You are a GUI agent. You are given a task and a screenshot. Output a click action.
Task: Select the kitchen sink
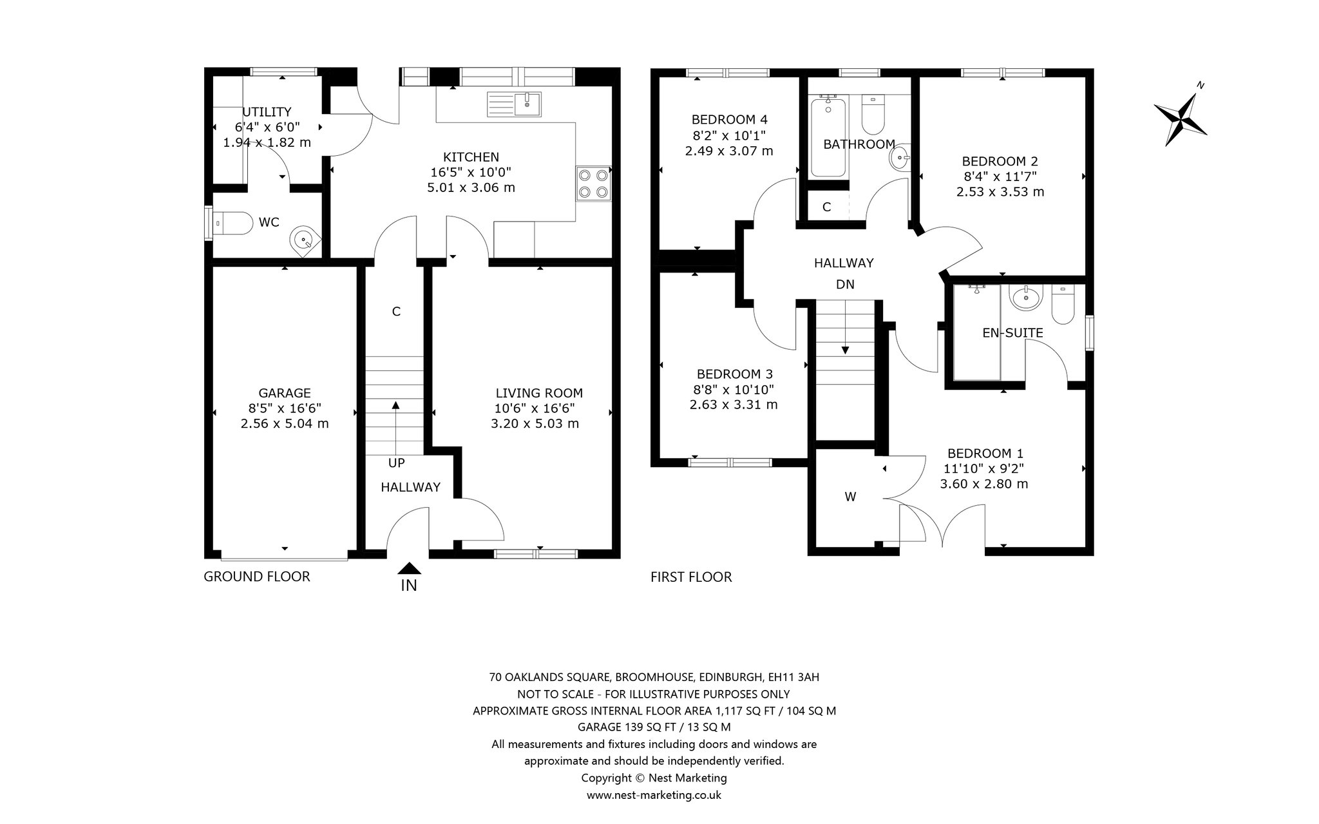point(515,104)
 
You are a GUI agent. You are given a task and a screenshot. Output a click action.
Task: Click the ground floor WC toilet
point(232,223)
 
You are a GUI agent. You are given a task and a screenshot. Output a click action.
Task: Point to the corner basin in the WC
point(304,240)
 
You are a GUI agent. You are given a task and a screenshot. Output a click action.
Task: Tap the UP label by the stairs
point(397,463)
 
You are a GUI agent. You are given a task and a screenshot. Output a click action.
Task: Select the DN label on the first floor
point(845,284)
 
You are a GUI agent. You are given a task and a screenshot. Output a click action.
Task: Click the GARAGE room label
point(285,393)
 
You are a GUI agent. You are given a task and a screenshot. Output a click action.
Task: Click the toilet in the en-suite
point(1061,305)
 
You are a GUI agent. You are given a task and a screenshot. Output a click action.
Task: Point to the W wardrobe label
point(850,497)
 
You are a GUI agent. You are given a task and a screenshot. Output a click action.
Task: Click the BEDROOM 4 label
point(729,119)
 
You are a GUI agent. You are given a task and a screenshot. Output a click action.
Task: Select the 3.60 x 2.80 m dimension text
point(984,484)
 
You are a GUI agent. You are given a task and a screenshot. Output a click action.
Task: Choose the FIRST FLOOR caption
point(691,577)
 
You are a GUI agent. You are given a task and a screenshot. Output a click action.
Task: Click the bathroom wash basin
point(900,157)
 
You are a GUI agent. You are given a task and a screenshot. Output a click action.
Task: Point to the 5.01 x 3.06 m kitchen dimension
point(471,187)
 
